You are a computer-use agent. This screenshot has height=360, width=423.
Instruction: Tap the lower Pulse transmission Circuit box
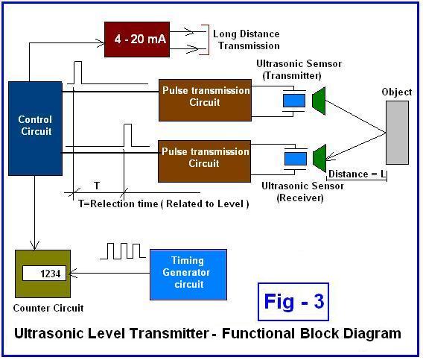tap(205, 158)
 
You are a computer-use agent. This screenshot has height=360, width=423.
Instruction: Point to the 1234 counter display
tap(45, 274)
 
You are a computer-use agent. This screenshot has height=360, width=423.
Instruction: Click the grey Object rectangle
tap(398, 131)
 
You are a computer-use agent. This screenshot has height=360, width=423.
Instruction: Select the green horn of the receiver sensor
tap(318, 157)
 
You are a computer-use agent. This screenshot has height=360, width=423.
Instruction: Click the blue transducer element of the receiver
tap(295, 158)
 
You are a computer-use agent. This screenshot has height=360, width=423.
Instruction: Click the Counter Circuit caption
tap(49, 308)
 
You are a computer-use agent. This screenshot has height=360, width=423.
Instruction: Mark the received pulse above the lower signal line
tap(127, 136)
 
